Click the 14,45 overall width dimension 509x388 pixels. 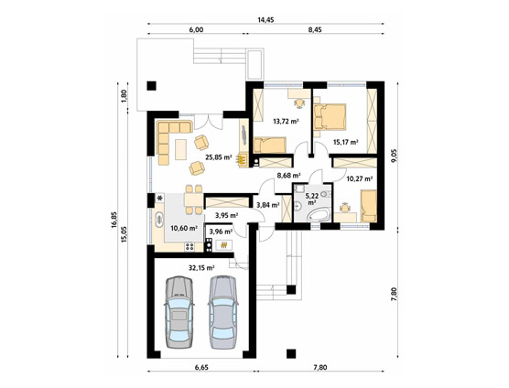coord(265,20)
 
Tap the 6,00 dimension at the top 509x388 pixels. coord(196,30)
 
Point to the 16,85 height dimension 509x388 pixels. coord(114,220)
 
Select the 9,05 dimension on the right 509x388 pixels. coord(394,156)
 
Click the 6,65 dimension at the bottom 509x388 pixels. coord(201,367)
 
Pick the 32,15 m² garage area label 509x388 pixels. coord(201,268)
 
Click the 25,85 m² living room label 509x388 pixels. coord(219,157)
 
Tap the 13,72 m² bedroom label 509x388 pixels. coord(286,122)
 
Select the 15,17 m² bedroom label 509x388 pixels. coord(346,142)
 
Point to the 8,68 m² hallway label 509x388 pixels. coord(288,176)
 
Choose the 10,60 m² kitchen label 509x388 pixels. coord(184,228)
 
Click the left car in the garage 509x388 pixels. coord(179,312)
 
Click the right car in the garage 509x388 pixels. coord(223,312)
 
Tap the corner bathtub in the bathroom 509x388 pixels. coord(319,214)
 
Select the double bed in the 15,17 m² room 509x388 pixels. coord(330,117)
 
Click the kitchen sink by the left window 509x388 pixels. coord(159,220)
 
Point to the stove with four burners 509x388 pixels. coord(190,247)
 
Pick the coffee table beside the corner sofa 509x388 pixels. coord(181,149)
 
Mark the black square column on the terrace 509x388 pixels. coord(151,86)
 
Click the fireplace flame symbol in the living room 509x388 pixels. coord(241,159)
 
